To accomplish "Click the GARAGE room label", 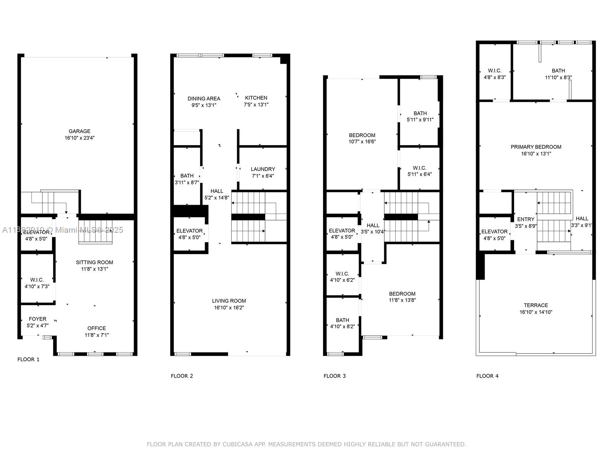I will coord(79,131).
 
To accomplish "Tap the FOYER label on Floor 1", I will coord(38,319).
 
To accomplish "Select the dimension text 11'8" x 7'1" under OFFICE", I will coord(97,335).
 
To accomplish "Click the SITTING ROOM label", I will coord(94,263).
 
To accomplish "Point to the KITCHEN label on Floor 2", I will coord(256,98).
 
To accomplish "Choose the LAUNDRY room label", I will coord(263,169).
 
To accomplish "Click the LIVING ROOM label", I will coord(229,301).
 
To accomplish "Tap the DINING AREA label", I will coord(204,99).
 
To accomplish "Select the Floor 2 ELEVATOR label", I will coord(189,231).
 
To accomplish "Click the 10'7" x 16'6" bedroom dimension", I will coord(362,142).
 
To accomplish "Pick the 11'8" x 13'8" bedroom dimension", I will coord(402,301).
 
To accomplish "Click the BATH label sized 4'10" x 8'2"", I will coord(342,320).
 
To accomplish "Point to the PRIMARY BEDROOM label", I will coord(536,147).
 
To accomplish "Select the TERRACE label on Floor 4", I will coord(536,306).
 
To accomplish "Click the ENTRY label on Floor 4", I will coord(526,219).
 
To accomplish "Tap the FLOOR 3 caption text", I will coord(334,376).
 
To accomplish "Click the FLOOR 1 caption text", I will coord(28,360).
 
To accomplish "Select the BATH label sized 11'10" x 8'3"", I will coord(558,71).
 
